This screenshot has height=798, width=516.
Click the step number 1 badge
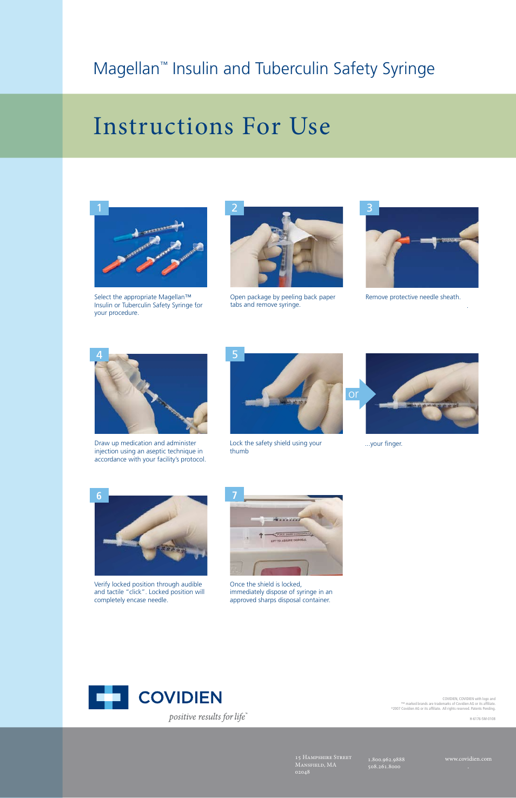(99, 208)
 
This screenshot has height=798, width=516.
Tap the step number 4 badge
(99, 354)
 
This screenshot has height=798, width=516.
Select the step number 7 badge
(234, 495)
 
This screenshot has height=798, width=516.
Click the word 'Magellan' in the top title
(126, 69)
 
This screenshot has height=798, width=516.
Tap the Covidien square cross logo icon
(108, 697)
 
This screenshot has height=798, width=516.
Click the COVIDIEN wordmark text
(180, 697)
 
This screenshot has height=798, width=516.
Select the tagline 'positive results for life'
(207, 717)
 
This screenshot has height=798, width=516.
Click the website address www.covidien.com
(468, 759)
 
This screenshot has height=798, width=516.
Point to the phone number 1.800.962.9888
(386, 760)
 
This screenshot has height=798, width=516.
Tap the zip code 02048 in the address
(302, 772)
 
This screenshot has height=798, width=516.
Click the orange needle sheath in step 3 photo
(402, 240)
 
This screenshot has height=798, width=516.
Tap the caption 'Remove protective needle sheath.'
(413, 297)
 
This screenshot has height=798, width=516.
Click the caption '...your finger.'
(383, 444)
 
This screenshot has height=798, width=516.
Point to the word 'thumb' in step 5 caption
(239, 451)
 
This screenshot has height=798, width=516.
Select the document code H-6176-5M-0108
(482, 719)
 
